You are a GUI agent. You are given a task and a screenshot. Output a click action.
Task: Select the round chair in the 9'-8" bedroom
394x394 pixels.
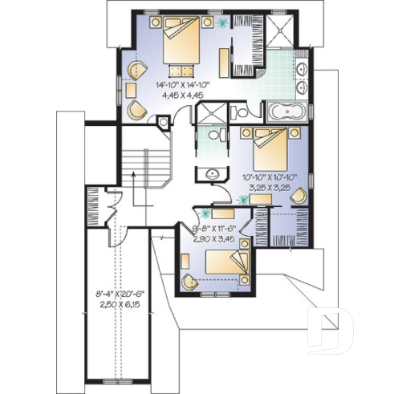[x=188, y=281]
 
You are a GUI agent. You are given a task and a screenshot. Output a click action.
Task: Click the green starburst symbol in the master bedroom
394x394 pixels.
[x=221, y=24]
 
